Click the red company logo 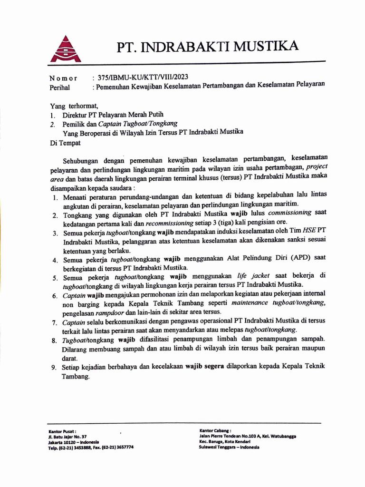point(66,49)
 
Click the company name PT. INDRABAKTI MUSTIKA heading point(208,47)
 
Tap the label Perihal point(59,88)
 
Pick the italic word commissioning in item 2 point(289,213)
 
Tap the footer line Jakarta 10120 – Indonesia point(74,442)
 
